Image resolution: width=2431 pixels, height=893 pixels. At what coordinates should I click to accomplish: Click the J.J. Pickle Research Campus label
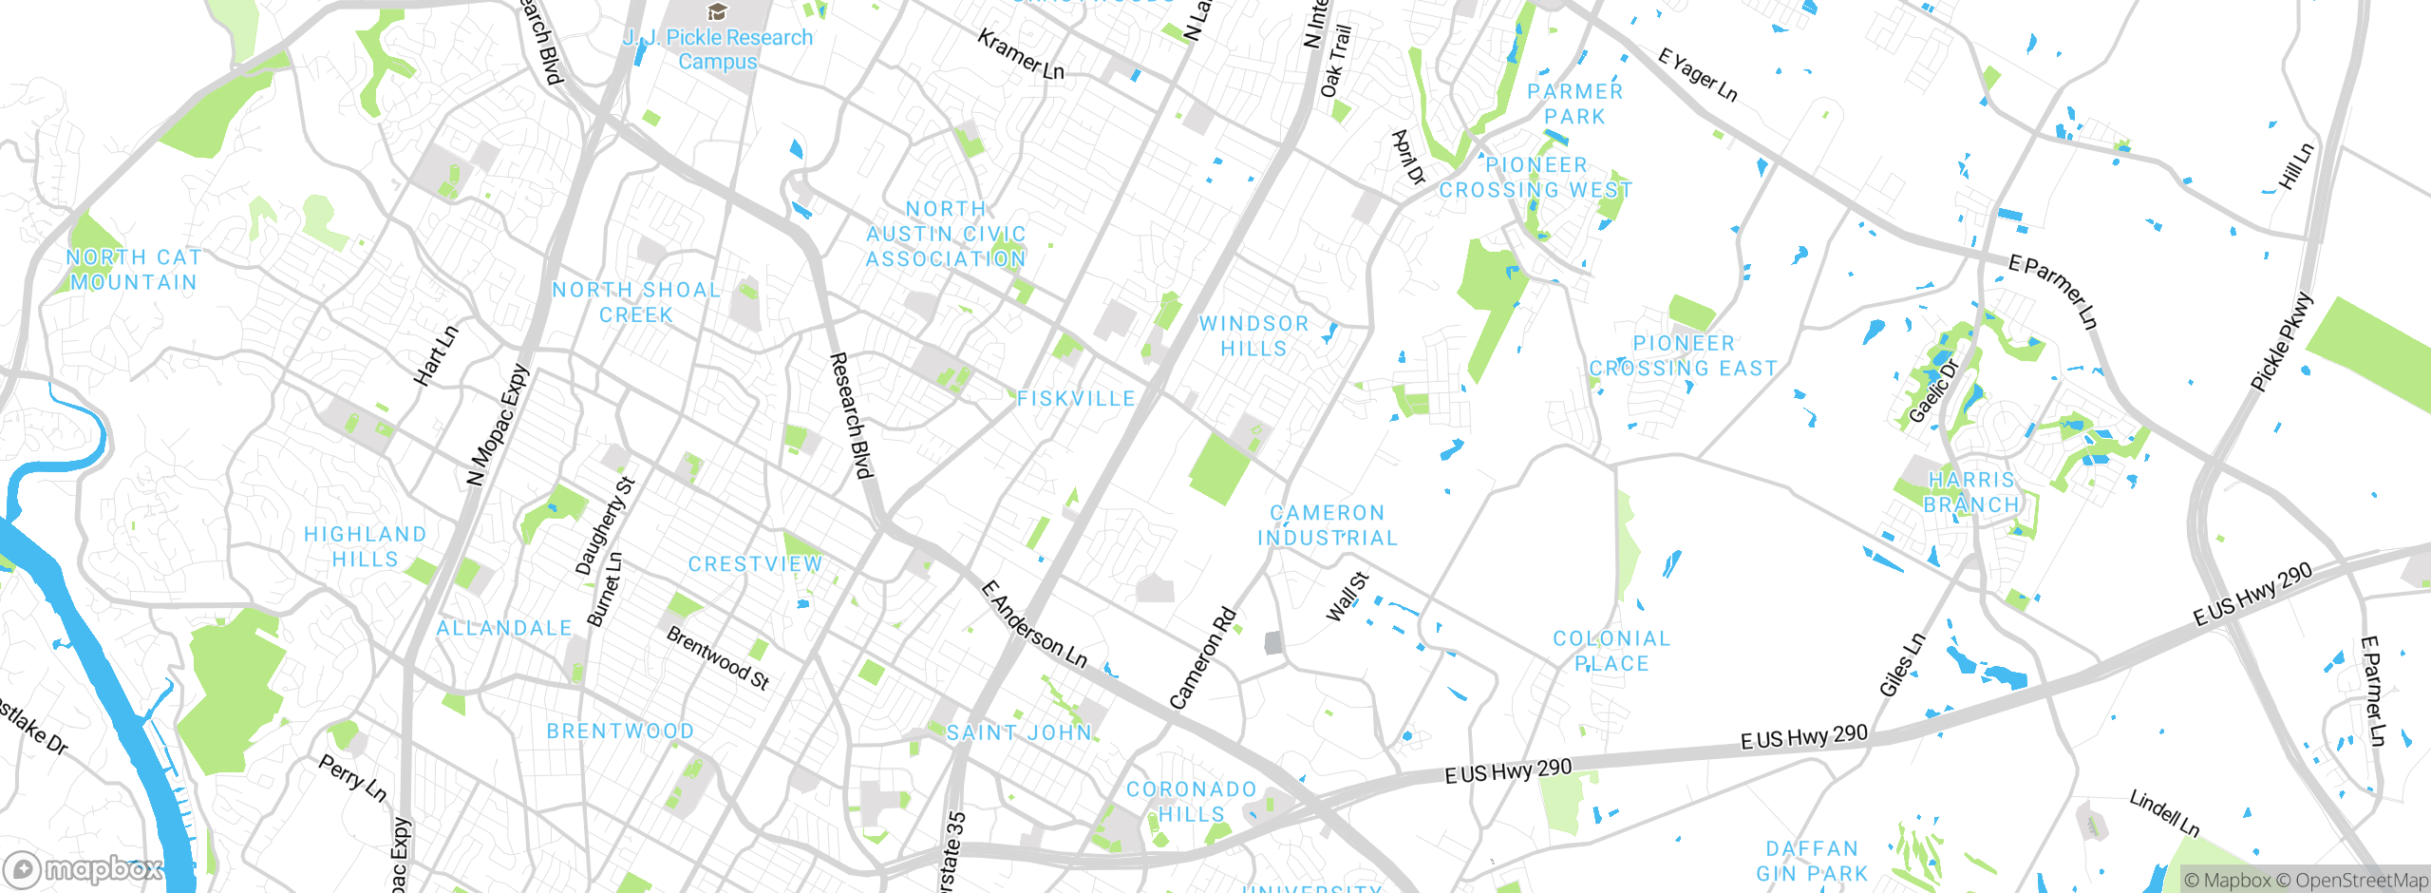718,49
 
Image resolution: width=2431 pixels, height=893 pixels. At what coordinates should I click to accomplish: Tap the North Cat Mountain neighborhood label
134,270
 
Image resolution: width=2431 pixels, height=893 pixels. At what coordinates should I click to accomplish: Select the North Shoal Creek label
636,302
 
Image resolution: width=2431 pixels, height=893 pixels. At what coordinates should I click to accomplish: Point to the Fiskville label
1076,399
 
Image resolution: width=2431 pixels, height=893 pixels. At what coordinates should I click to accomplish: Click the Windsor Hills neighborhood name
1253,336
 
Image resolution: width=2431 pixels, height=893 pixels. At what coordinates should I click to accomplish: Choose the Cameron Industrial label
1328,525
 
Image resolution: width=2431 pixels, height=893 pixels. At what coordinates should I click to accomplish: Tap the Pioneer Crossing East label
1684,356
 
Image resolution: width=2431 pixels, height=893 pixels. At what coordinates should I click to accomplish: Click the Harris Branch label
1971,492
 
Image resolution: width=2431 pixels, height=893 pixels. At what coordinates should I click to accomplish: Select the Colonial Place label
1611,651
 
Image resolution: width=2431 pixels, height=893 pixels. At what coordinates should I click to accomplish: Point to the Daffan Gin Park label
1812,861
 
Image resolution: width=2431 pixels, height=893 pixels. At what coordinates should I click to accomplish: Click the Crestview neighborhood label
755,564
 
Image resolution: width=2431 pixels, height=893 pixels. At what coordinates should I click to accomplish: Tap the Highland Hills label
365,546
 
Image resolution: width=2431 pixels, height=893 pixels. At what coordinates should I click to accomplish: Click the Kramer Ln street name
1021,55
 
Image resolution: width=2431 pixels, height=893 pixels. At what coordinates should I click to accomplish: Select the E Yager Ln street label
1698,74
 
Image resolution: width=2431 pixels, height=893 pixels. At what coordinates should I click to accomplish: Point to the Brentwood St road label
718,657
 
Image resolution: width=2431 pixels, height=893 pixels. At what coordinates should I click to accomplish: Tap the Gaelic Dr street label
1934,391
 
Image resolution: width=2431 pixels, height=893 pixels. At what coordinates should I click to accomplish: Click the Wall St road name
1347,597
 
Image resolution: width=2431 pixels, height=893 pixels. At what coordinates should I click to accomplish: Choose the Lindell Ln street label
2164,813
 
